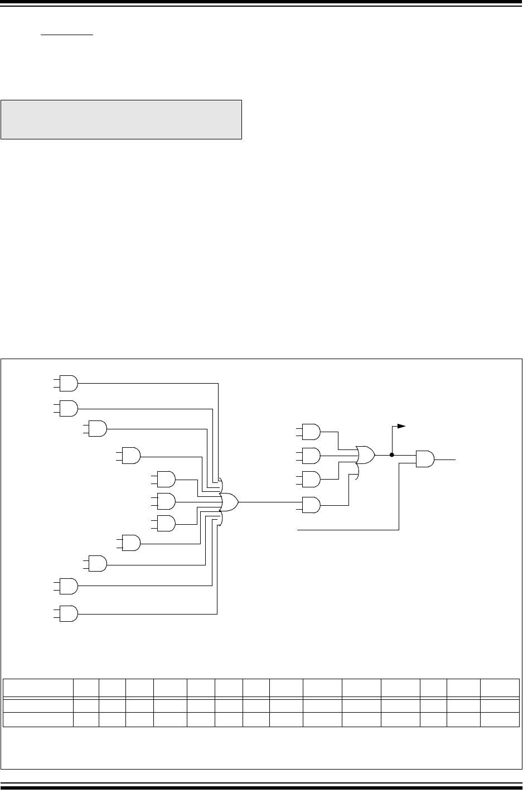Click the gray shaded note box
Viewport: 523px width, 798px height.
121,119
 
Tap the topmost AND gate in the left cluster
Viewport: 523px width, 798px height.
69,383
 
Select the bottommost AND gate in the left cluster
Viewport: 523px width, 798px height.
69,613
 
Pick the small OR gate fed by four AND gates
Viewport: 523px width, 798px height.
366,455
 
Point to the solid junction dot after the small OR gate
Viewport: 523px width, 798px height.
392,455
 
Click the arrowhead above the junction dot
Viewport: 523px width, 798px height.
401,426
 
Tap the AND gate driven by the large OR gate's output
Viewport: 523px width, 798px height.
311,505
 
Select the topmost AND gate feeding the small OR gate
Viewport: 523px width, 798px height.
311,431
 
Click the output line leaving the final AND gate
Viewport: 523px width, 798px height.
446,460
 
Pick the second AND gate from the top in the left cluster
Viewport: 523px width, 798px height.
69,408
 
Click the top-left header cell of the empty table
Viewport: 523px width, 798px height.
38,688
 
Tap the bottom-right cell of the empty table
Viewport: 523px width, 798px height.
500,719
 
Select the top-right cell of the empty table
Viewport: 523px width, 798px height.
500,688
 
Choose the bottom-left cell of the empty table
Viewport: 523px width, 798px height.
38,719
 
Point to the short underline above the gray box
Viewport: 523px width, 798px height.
66,34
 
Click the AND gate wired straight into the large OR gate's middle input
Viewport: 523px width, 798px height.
166,502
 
